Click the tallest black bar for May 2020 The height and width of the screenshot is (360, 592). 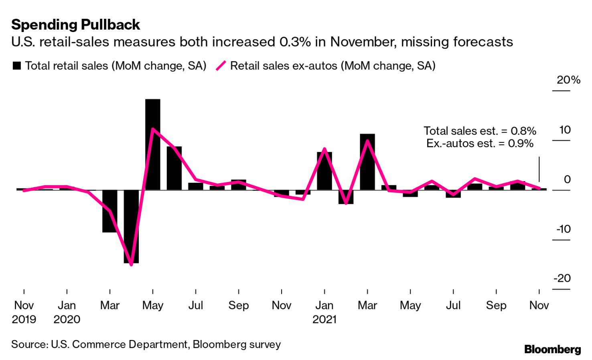pyautogui.click(x=152, y=144)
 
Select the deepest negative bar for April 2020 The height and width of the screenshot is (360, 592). pyautogui.click(x=131, y=227)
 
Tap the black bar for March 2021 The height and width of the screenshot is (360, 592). pyautogui.click(x=367, y=162)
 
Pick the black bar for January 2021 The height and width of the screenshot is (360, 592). pyautogui.click(x=324, y=171)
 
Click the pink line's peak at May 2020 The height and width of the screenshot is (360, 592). pyautogui.click(x=152, y=129)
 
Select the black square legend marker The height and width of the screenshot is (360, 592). pyautogui.click(x=17, y=66)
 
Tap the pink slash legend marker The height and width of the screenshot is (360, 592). pyautogui.click(x=221, y=66)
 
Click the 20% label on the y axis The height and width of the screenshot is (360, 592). pyautogui.click(x=568, y=80)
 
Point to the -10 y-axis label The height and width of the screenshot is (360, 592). pyautogui.click(x=563, y=229)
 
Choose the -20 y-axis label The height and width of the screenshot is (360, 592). pyautogui.click(x=562, y=278)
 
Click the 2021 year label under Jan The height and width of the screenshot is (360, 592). pyautogui.click(x=324, y=320)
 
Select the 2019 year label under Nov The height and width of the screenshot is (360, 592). pyautogui.click(x=24, y=320)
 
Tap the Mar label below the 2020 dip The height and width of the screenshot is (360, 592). pyautogui.click(x=109, y=305)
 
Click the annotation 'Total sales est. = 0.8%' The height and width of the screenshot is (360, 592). pyautogui.click(x=480, y=131)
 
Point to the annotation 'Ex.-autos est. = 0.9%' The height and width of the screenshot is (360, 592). pyautogui.click(x=480, y=144)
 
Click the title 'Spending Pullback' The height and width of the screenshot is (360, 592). pyautogui.click(x=75, y=25)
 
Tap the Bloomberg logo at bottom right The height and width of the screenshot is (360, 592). pyautogui.click(x=552, y=350)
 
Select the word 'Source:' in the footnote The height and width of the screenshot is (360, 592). pyautogui.click(x=30, y=344)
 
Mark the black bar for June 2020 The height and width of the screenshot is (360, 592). pyautogui.click(x=174, y=168)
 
